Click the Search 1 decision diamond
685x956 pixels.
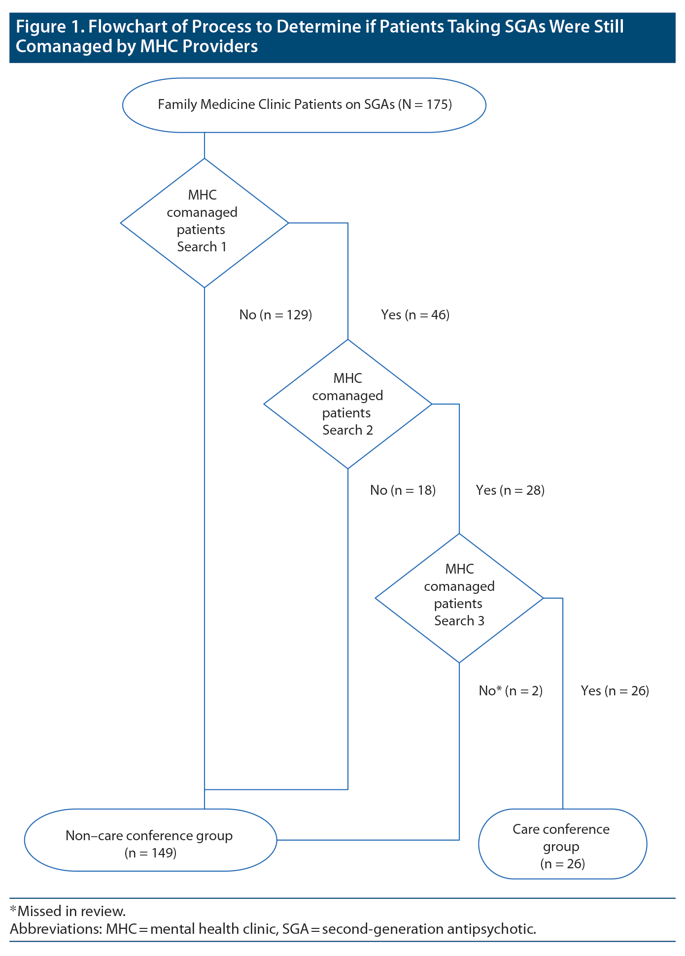pos(204,223)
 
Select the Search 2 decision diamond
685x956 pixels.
pos(347,404)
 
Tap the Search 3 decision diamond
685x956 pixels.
pos(459,598)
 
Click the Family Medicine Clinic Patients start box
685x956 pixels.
pos(304,105)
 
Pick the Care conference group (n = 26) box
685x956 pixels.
pos(562,847)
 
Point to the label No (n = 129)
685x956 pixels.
pos(275,315)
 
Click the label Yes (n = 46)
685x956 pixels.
pos(415,315)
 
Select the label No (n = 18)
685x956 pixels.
pos(403,490)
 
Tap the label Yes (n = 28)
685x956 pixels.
pos(510,490)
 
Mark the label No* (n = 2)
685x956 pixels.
pos(511,691)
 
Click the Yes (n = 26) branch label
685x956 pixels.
pos(615,691)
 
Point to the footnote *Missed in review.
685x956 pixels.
pos(68,911)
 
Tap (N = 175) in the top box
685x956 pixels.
pos(425,105)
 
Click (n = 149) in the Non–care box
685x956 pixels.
pos(150,853)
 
